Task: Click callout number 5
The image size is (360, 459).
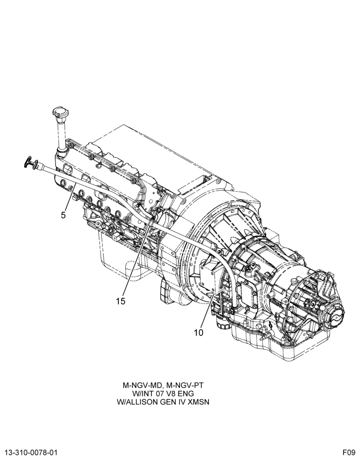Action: tap(63, 215)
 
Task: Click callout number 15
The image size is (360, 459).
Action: tap(120, 301)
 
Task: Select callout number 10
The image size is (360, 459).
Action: tap(198, 333)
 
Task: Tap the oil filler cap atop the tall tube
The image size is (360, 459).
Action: tap(60, 112)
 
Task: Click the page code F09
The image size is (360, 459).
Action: tap(349, 452)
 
